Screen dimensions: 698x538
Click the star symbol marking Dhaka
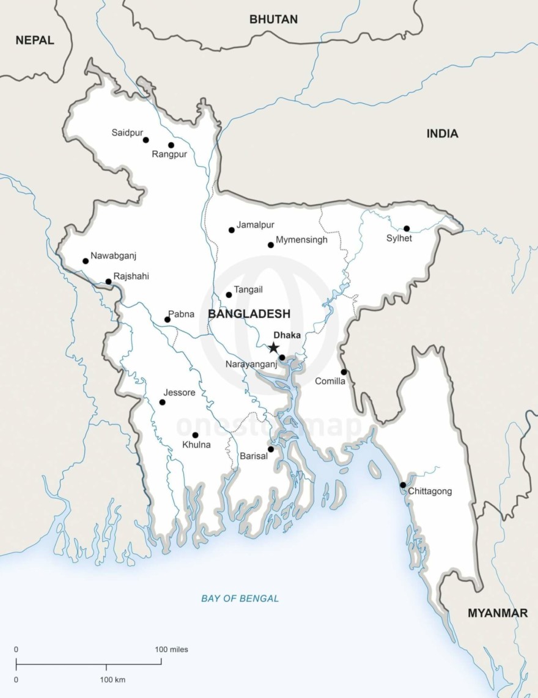[273, 348]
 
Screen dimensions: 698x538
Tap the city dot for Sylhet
[407, 228]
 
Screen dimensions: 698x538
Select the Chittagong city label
[430, 491]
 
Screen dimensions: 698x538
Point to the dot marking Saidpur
[146, 140]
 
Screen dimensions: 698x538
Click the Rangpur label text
[169, 155]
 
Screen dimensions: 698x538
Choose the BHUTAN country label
[273, 20]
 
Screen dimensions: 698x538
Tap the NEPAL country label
[35, 40]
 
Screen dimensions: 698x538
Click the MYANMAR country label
[498, 613]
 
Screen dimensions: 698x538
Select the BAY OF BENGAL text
[240, 598]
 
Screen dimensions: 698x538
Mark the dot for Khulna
[196, 435]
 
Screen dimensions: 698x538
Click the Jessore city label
[180, 393]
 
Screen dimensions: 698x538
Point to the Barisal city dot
[271, 449]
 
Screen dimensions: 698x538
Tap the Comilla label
[330, 382]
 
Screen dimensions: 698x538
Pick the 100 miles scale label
[172, 649]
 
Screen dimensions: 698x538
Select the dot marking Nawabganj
[86, 261]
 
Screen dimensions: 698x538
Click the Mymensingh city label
[301, 240]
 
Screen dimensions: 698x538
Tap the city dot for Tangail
[229, 295]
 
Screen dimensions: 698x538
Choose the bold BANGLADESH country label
[249, 314]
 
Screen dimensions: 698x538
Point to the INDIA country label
[442, 134]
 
